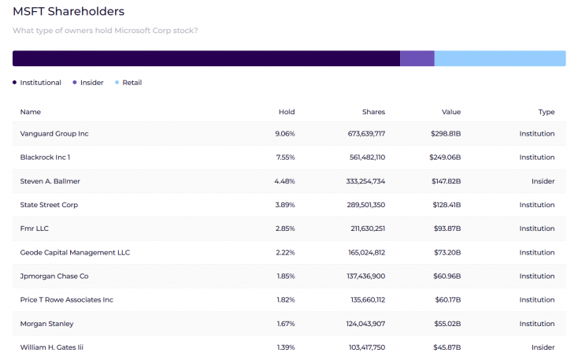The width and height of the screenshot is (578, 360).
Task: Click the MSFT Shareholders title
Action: (x=69, y=12)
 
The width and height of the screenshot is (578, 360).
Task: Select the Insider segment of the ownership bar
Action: (x=417, y=58)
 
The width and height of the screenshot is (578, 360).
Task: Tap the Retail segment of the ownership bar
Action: (x=499, y=58)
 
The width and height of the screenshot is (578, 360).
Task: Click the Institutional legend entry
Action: (x=40, y=83)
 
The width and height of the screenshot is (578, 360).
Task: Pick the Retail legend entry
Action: (x=132, y=83)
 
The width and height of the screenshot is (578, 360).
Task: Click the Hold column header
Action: (x=287, y=112)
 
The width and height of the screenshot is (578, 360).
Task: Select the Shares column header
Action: (x=373, y=112)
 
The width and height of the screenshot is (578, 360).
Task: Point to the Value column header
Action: (x=451, y=112)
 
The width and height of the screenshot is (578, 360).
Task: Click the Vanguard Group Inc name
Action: (x=54, y=134)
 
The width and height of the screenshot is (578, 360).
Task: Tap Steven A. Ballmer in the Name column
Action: (x=50, y=181)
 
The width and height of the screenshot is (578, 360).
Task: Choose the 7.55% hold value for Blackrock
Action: (x=284, y=158)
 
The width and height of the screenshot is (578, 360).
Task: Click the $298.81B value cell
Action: (x=446, y=134)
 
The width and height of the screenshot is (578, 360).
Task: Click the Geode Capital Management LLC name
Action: (x=75, y=253)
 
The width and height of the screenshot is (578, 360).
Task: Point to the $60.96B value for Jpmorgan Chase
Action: (x=446, y=276)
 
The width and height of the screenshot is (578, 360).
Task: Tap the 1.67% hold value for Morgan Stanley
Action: (x=284, y=324)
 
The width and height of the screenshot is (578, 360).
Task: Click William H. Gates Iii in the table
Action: (x=55, y=347)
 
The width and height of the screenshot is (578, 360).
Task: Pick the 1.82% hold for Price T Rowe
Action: (x=284, y=300)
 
